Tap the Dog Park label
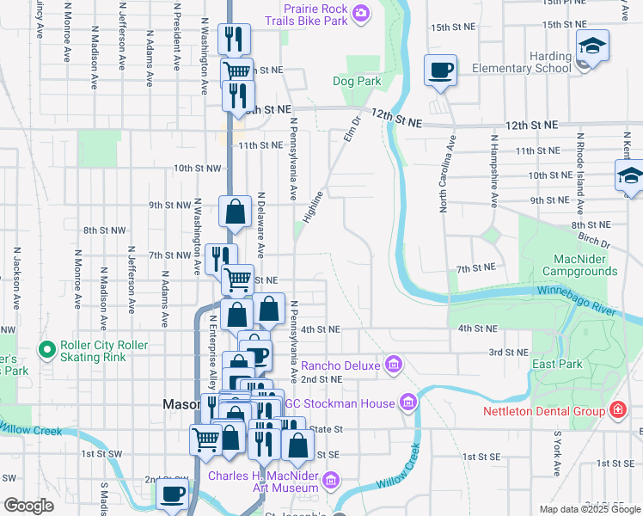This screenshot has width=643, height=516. click(357, 82)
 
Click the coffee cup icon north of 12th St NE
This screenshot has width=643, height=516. click(440, 70)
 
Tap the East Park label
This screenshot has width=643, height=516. click(552, 365)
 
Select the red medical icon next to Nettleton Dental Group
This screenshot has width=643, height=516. click(616, 411)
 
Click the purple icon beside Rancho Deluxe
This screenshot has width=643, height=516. click(394, 365)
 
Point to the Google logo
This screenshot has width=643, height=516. click(28, 506)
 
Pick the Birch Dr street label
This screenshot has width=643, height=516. click(593, 236)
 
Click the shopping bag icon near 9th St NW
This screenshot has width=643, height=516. click(235, 212)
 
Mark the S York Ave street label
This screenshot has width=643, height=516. click(557, 454)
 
